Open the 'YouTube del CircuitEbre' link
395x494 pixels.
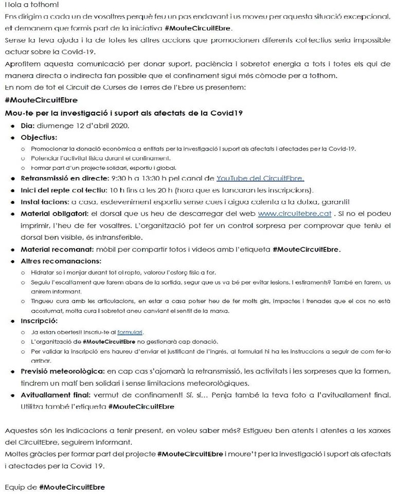point(260,179)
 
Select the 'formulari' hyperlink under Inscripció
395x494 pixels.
point(130,332)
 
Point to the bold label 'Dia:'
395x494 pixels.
point(28,126)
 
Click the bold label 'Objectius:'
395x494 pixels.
point(39,137)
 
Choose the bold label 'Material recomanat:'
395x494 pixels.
point(56,249)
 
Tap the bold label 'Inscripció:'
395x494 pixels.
point(38,321)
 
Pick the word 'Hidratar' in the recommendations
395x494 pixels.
point(45,272)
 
